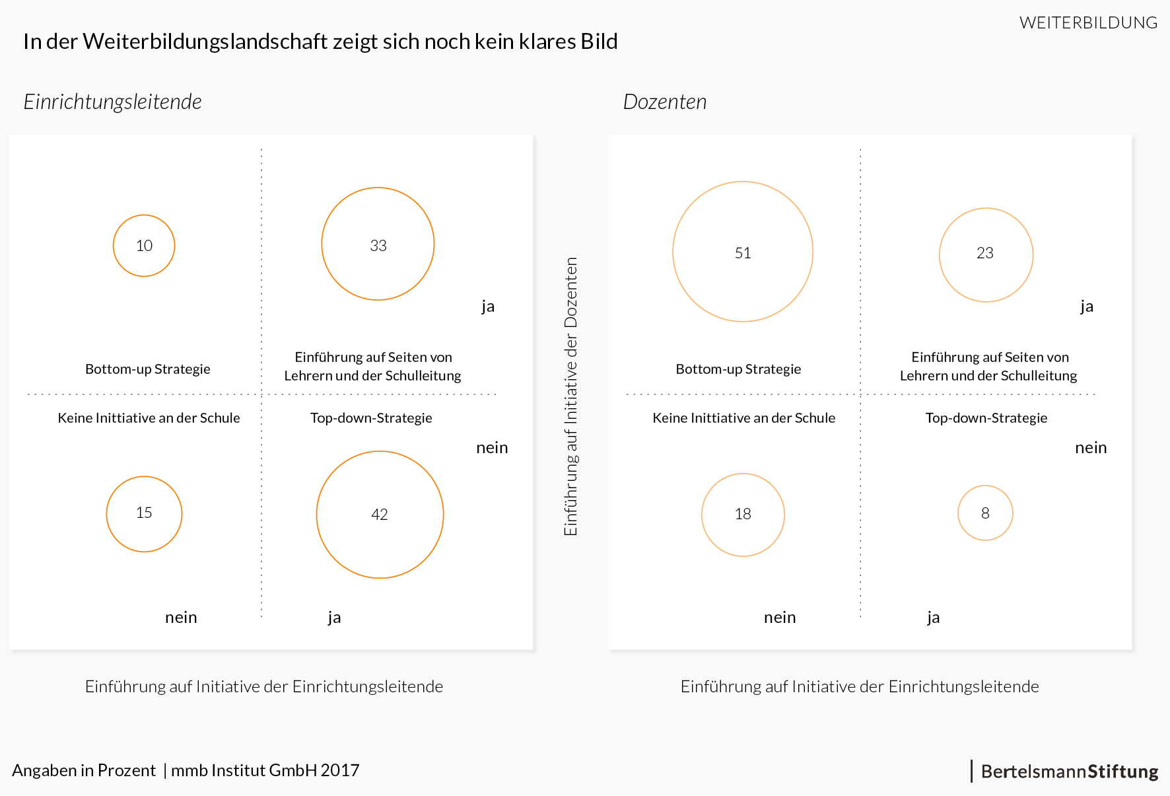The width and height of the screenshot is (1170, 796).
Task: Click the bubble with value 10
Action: point(144,246)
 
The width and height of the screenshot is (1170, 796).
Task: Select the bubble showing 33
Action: point(378,244)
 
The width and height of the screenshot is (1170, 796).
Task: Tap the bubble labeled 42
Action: point(380,515)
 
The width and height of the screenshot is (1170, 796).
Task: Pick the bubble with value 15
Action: point(144,513)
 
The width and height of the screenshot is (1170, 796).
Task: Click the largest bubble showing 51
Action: point(743,252)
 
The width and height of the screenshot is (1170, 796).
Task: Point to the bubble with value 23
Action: point(986,255)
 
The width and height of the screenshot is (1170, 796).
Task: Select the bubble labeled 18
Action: point(743,515)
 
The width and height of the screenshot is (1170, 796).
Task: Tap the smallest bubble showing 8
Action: point(985,513)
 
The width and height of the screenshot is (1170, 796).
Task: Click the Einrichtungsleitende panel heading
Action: point(113,102)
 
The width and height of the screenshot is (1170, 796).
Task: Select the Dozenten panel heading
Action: point(665,102)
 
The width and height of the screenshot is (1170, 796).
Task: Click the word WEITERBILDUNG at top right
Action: point(1088,23)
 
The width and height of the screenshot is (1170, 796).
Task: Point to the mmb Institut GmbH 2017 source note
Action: point(265,770)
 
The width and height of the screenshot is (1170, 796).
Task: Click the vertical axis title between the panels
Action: point(571,396)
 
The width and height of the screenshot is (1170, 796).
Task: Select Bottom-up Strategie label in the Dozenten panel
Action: point(738,369)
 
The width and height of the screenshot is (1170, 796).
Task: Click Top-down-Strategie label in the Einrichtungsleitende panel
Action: point(371,418)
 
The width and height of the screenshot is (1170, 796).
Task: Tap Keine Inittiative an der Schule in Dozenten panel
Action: point(744,418)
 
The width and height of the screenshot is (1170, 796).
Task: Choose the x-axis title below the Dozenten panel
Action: point(860,687)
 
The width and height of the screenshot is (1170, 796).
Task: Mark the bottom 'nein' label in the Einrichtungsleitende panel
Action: point(181,618)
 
